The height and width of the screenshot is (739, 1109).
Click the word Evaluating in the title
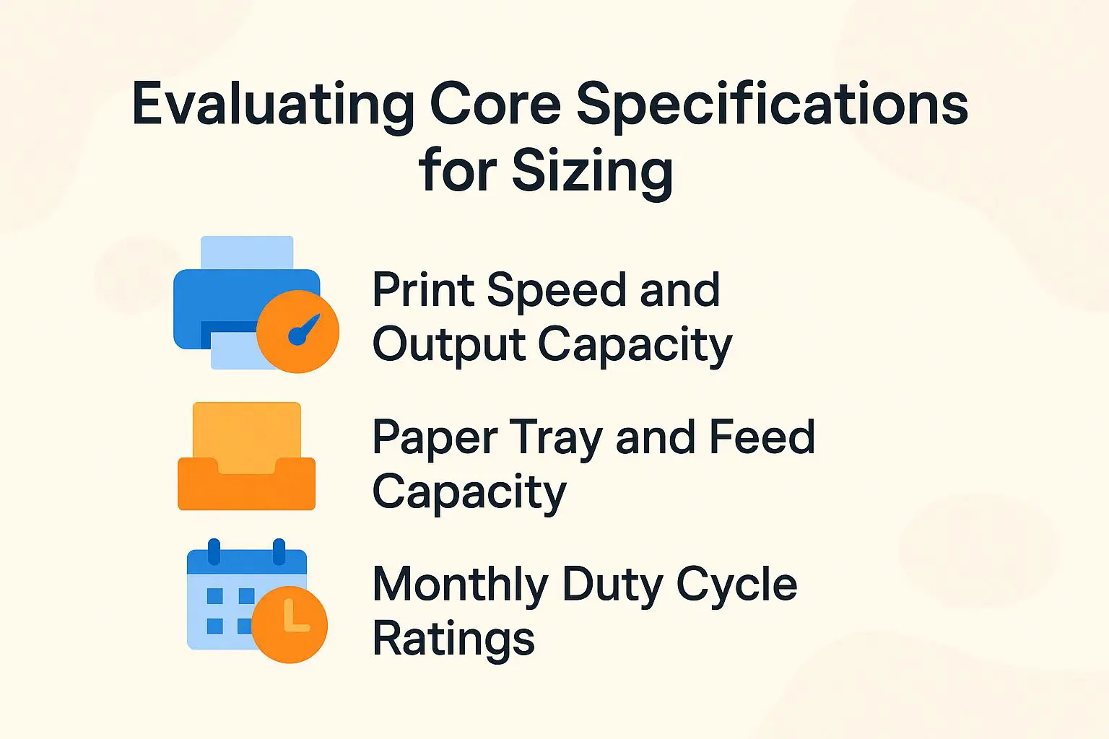click(x=273, y=105)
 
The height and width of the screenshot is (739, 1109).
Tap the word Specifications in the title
click(x=772, y=105)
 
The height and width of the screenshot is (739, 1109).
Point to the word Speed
click(x=556, y=290)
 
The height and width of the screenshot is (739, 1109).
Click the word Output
click(x=448, y=345)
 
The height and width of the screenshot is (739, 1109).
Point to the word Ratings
click(x=453, y=639)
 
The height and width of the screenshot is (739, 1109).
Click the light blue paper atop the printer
click(x=247, y=253)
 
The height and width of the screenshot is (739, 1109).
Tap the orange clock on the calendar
click(x=290, y=624)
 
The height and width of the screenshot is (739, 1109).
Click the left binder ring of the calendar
click(x=214, y=551)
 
